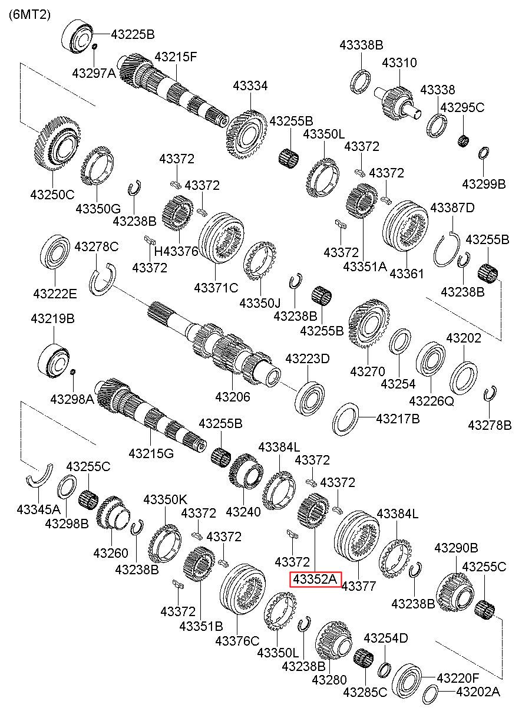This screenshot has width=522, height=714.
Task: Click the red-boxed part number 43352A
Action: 315,580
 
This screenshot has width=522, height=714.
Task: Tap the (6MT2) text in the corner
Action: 29,15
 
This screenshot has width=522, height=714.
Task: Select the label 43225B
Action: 133,34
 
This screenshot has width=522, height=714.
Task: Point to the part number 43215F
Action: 176,57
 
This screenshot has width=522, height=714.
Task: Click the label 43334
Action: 250,85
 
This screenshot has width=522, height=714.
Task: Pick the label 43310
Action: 399,62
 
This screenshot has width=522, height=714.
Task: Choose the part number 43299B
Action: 484,184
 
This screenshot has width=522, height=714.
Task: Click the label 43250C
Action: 52,195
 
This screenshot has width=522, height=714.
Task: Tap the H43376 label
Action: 176,251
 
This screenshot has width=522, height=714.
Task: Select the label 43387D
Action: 452,208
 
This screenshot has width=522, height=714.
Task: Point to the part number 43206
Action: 233,397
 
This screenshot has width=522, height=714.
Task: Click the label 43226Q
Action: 431,401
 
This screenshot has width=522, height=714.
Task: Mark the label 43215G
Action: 151,453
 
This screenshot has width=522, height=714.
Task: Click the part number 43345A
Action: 38,509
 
